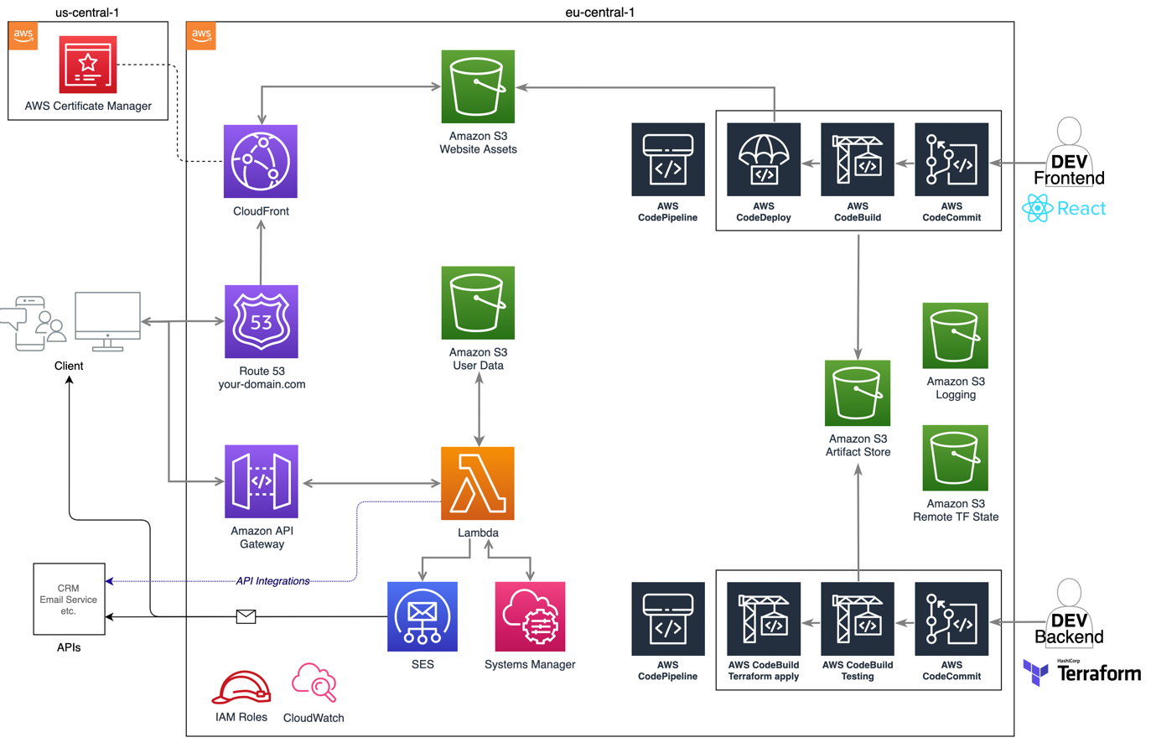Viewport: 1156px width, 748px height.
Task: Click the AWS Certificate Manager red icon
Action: tap(88, 65)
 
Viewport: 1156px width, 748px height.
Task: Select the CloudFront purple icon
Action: tap(261, 162)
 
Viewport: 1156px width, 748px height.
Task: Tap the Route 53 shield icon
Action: tap(262, 321)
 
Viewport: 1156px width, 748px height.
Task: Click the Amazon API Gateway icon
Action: tap(262, 481)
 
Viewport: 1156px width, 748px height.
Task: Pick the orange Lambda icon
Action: tap(478, 483)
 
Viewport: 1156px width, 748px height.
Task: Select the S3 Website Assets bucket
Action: tap(478, 86)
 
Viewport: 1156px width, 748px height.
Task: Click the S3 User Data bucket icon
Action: tap(478, 303)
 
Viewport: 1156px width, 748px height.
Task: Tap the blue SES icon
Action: tap(422, 616)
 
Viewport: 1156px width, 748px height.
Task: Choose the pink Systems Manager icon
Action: tap(530, 616)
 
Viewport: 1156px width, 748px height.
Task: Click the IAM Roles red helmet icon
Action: tap(241, 688)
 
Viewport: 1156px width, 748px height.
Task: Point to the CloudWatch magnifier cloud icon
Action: tap(314, 683)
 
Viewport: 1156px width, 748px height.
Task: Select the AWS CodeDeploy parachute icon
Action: tap(764, 159)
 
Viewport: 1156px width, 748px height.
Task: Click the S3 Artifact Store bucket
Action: tap(858, 393)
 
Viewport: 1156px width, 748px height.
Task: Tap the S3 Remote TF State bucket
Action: tap(955, 458)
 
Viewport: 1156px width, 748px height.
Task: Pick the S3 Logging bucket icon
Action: tap(955, 335)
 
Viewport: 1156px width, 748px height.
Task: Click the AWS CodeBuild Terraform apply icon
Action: tap(764, 619)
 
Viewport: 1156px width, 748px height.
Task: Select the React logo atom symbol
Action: tap(1037, 208)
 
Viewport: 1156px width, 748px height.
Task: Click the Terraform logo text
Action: tap(1098, 673)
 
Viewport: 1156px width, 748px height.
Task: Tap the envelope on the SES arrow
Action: tap(246, 616)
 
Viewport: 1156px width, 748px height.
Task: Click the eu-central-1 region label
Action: tap(599, 12)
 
